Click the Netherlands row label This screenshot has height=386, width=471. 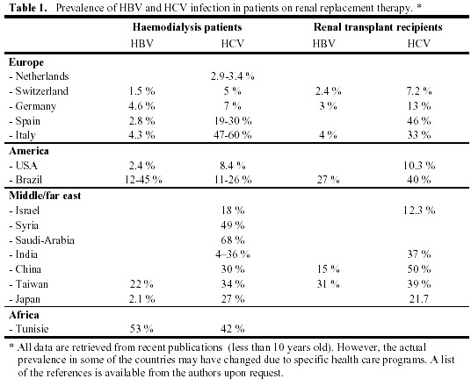[39, 76]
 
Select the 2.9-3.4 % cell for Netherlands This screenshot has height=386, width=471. [232, 76]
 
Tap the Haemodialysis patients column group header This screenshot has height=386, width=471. [187, 27]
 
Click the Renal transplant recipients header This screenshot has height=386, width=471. [378, 27]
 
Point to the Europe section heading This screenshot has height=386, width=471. [26, 62]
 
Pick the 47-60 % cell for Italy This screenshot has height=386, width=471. [233, 135]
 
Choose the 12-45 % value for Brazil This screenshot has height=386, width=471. [143, 180]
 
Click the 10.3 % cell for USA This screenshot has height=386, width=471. [419, 165]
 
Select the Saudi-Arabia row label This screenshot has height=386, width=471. [42, 240]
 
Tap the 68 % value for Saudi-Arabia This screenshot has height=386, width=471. [233, 240]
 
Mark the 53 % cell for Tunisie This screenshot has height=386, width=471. [141, 329]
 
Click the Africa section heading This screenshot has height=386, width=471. [24, 315]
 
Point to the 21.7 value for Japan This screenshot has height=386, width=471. [419, 299]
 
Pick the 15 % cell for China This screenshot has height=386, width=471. [328, 269]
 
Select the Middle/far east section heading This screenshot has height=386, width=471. [45, 196]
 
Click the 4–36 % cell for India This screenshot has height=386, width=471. [233, 254]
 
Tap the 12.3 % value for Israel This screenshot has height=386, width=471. [419, 211]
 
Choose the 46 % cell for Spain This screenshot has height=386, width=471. [419, 120]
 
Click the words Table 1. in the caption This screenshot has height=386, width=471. [28, 8]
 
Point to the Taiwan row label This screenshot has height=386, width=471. [28, 283]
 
